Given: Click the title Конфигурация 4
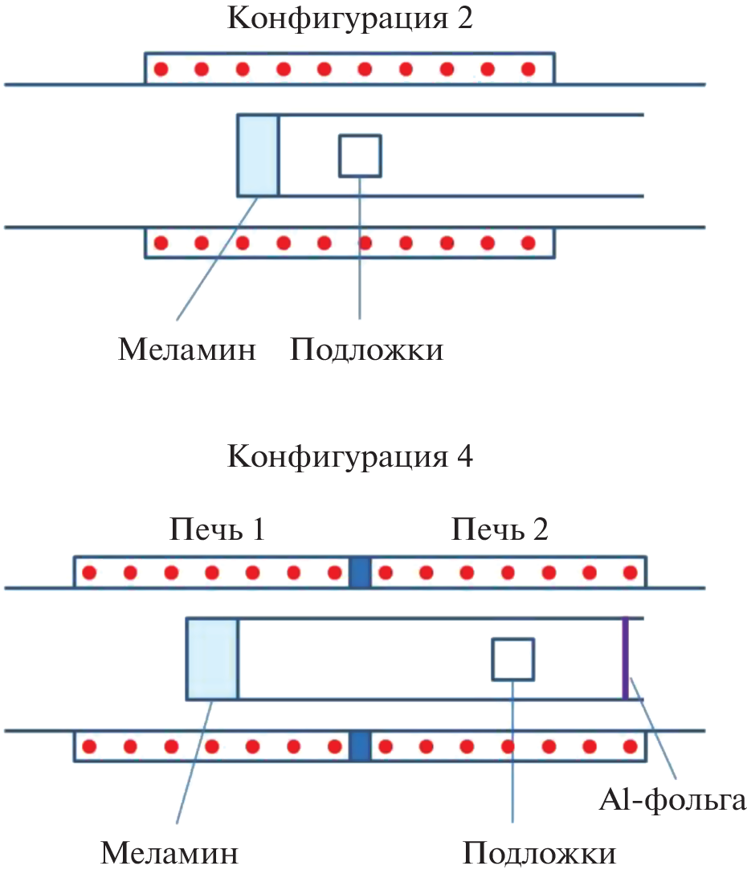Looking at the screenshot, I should tap(350, 457).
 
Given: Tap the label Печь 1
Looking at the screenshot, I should tap(217, 530).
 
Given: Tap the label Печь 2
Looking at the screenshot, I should tap(500, 530).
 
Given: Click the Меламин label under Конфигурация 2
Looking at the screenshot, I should tap(187, 350).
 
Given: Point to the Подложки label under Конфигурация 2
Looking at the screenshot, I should tap(366, 350).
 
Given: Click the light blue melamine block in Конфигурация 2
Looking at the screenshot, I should tap(258, 155).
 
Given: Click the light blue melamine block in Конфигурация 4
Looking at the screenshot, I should tap(212, 659).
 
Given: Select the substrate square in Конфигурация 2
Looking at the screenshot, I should tap(360, 155).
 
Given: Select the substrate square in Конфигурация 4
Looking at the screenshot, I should tap(513, 659).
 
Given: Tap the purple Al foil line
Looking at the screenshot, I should tap(625, 659).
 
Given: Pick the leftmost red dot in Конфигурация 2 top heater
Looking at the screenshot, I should tap(161, 69).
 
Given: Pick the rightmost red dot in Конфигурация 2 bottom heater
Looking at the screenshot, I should tap(528, 242).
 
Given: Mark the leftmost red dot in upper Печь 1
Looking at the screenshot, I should tap(90, 574).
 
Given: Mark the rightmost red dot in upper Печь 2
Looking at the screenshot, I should tap(630, 574).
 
